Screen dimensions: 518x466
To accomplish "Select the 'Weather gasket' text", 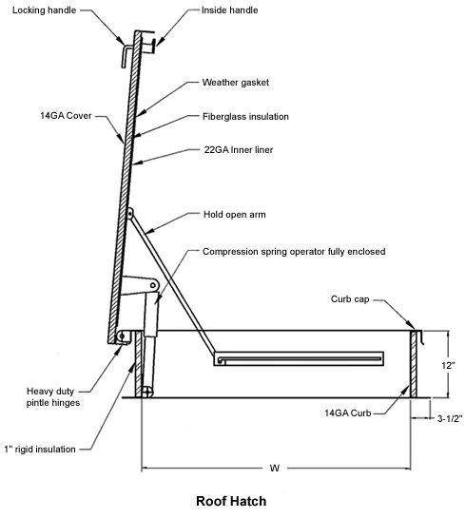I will tap(236, 83).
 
